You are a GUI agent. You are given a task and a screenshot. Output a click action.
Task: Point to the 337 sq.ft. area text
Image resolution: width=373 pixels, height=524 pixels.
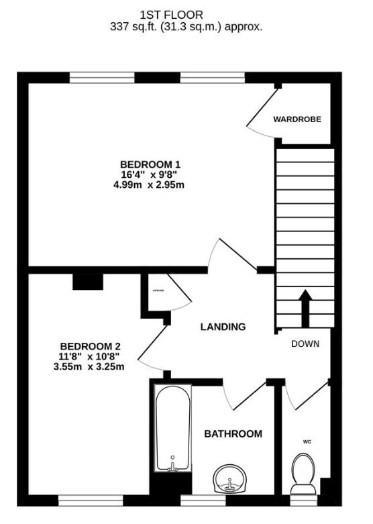pyautogui.click(x=186, y=27)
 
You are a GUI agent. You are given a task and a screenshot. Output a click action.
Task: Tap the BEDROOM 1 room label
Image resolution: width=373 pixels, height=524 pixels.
pyautogui.click(x=150, y=164)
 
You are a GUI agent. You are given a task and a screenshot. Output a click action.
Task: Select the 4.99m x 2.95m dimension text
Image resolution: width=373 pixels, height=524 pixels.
pyautogui.click(x=150, y=185)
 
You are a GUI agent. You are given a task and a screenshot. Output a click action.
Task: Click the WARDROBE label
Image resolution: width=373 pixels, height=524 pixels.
pyautogui.click(x=297, y=119)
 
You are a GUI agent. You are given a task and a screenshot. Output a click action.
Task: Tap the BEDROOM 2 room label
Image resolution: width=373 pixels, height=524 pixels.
pyautogui.click(x=91, y=346)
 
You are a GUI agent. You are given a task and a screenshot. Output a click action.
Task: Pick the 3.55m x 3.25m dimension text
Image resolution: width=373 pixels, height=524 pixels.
pyautogui.click(x=91, y=366)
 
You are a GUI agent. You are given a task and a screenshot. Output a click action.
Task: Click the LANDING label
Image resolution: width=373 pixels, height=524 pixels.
pyautogui.click(x=223, y=327)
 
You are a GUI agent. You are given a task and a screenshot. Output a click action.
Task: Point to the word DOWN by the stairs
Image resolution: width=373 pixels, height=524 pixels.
pyautogui.click(x=305, y=344)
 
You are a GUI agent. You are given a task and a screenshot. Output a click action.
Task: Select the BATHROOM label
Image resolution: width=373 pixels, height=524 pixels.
pyautogui.click(x=233, y=434)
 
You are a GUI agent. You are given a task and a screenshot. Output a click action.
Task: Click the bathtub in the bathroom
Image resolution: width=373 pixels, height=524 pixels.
pyautogui.click(x=172, y=428)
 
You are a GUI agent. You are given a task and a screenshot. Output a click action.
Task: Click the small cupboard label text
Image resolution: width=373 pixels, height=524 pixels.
pyautogui.click(x=159, y=291)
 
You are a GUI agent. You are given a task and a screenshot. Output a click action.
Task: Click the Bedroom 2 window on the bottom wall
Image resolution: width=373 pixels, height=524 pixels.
pyautogui.click(x=91, y=501)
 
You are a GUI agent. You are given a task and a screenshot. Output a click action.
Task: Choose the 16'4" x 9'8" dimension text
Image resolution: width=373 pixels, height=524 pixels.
pyautogui.click(x=150, y=174)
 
